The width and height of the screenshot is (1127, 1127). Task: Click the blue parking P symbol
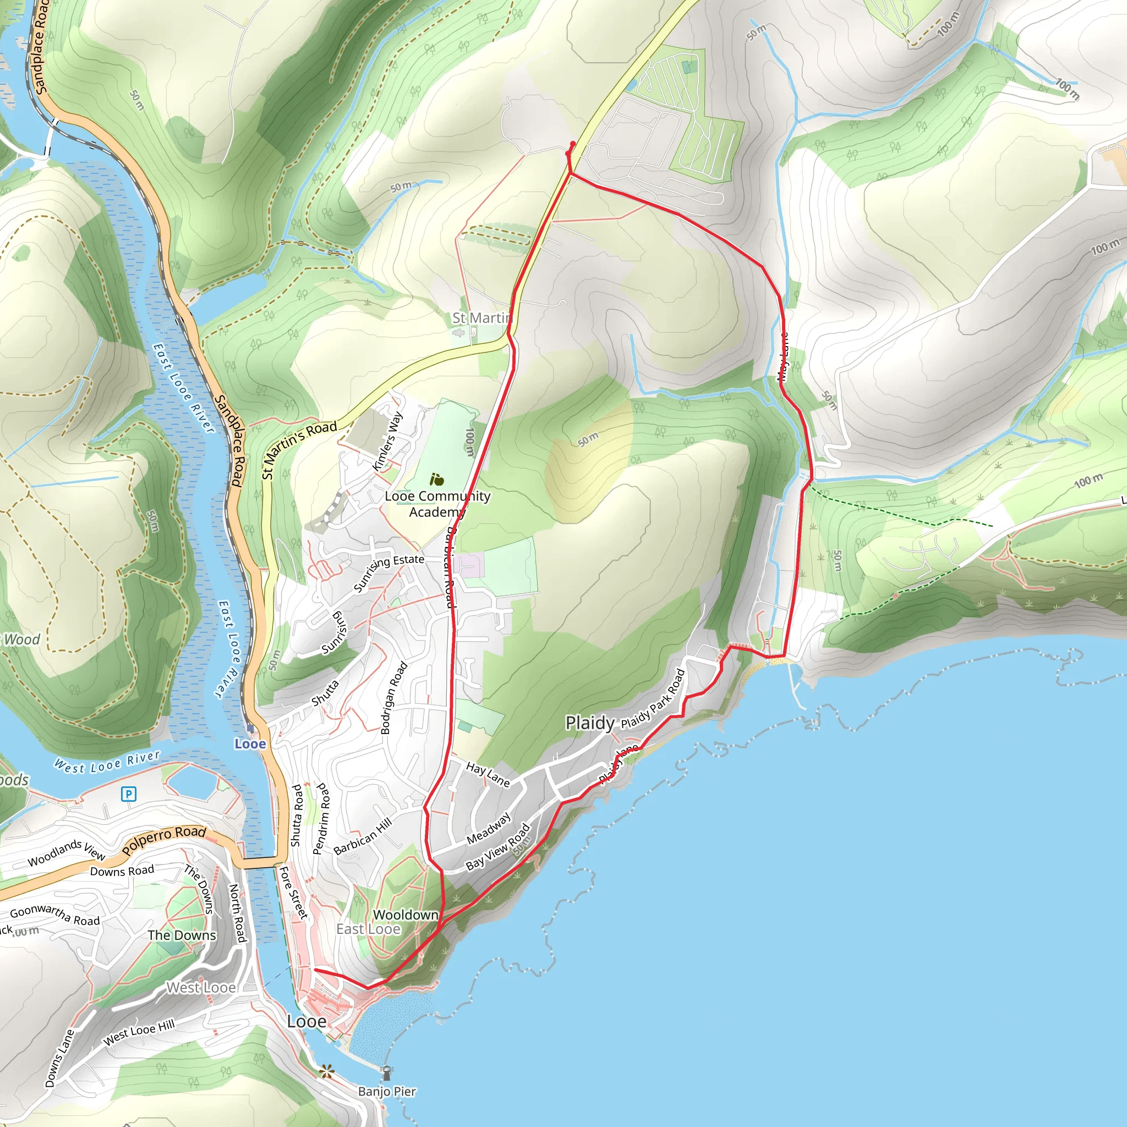[128, 794]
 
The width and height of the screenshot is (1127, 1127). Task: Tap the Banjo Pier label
[387, 1091]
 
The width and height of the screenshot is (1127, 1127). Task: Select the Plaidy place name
[590, 723]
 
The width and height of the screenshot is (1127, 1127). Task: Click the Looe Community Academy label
[437, 504]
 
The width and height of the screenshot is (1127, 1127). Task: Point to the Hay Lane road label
[488, 774]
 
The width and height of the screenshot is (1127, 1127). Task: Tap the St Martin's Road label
[299, 449]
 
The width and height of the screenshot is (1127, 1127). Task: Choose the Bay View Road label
[497, 847]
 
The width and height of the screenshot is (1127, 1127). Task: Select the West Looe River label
[107, 762]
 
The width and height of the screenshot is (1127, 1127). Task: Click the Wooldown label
[406, 915]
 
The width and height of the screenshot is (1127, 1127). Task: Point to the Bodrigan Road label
[394, 698]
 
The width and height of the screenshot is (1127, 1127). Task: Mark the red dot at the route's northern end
[573, 144]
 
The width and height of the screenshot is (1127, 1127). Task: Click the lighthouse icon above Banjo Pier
[386, 1072]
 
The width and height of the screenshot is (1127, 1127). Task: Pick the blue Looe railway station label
[250, 744]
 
